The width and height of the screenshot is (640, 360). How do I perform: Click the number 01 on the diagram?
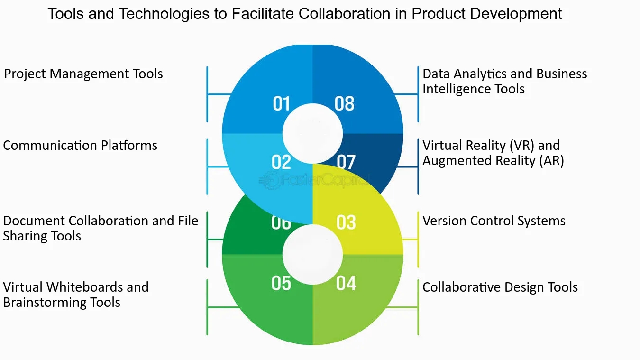tap(281, 103)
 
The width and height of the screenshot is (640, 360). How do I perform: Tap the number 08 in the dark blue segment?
tap(344, 103)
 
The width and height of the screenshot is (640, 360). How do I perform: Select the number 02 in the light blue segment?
tap(281, 162)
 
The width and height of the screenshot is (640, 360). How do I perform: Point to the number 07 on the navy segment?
tap(346, 162)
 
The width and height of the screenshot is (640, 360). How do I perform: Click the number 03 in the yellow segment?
tap(346, 222)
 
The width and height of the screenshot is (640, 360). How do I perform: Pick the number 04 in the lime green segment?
tap(346, 283)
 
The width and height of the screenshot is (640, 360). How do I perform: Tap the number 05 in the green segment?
tap(281, 283)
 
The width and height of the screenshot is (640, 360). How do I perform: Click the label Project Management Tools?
tap(83, 74)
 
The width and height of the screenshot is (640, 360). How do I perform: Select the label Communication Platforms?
tap(80, 145)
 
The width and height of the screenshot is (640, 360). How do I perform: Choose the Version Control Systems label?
tap(494, 221)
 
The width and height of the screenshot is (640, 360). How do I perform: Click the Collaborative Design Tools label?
tap(500, 287)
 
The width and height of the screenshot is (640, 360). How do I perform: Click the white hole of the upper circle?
tap(312, 134)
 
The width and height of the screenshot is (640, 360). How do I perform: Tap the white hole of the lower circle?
tap(312, 255)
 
